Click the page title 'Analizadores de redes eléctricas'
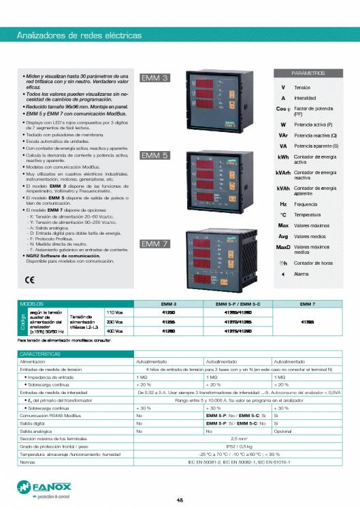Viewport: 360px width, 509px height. point(79,34)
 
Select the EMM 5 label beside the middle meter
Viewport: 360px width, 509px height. point(155,156)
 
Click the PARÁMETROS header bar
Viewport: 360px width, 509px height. point(308,72)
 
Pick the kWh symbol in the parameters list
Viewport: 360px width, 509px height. point(283,157)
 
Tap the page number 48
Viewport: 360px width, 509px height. point(180,500)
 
